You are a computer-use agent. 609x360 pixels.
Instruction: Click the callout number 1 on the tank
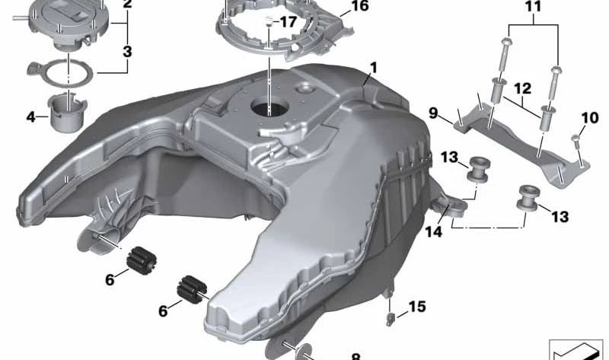coord(373,68)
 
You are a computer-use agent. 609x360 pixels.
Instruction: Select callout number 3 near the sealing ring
coord(127,51)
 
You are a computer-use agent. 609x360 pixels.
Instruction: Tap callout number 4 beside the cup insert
coord(31,116)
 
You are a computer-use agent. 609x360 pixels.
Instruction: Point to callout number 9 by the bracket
coord(433,113)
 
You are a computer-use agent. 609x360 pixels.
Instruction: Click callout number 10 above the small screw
coord(590,118)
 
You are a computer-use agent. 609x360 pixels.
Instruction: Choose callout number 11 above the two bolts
coord(534,8)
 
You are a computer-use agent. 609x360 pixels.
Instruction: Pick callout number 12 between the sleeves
coord(523,88)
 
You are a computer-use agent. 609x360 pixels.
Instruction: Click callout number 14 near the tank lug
coord(433,232)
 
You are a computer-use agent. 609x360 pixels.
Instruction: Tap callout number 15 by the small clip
coord(417,307)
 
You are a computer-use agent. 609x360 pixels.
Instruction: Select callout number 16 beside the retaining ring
coord(359,6)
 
